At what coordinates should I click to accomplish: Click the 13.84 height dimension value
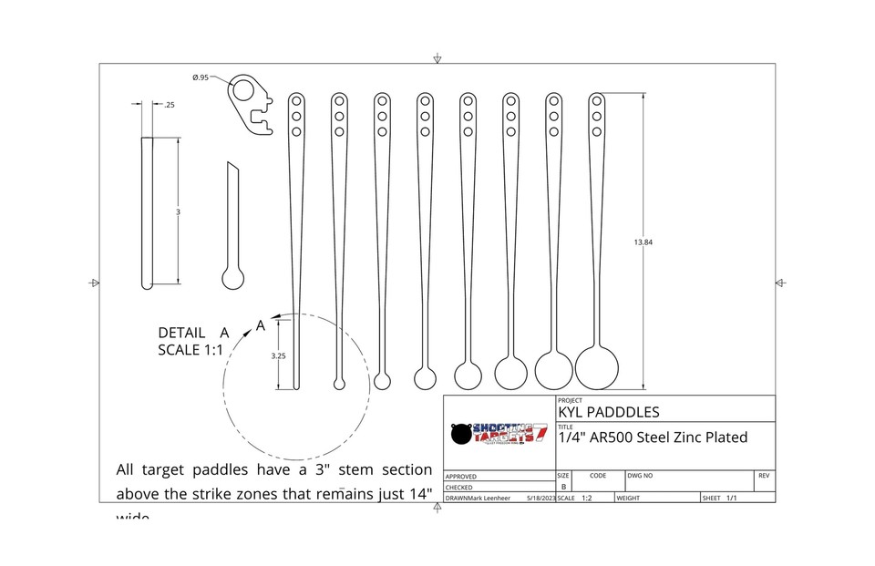coord(643,242)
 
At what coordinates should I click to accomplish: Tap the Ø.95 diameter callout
coord(201,77)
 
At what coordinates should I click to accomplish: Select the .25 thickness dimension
coord(170,105)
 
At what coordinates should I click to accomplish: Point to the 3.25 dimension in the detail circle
coord(279,356)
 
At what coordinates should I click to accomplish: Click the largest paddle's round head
coord(597,367)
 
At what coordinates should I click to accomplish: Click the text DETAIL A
coord(193,333)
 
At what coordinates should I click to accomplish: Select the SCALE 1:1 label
coord(190,351)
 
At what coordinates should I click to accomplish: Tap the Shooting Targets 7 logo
coord(499,434)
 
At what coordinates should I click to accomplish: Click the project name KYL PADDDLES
coord(607,413)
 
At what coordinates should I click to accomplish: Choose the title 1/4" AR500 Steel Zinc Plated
coord(653,437)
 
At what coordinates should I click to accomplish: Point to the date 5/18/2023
coord(540,499)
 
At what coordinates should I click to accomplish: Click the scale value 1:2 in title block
coord(585,499)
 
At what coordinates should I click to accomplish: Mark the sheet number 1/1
coord(731,499)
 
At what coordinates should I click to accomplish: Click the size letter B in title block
coord(562,487)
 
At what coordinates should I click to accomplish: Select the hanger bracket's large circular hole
coord(243,88)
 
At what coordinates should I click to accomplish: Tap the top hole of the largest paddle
coord(597,100)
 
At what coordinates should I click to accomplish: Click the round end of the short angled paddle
coord(233,278)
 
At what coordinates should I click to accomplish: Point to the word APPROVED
coord(460,476)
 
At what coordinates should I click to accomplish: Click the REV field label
coord(764,476)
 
